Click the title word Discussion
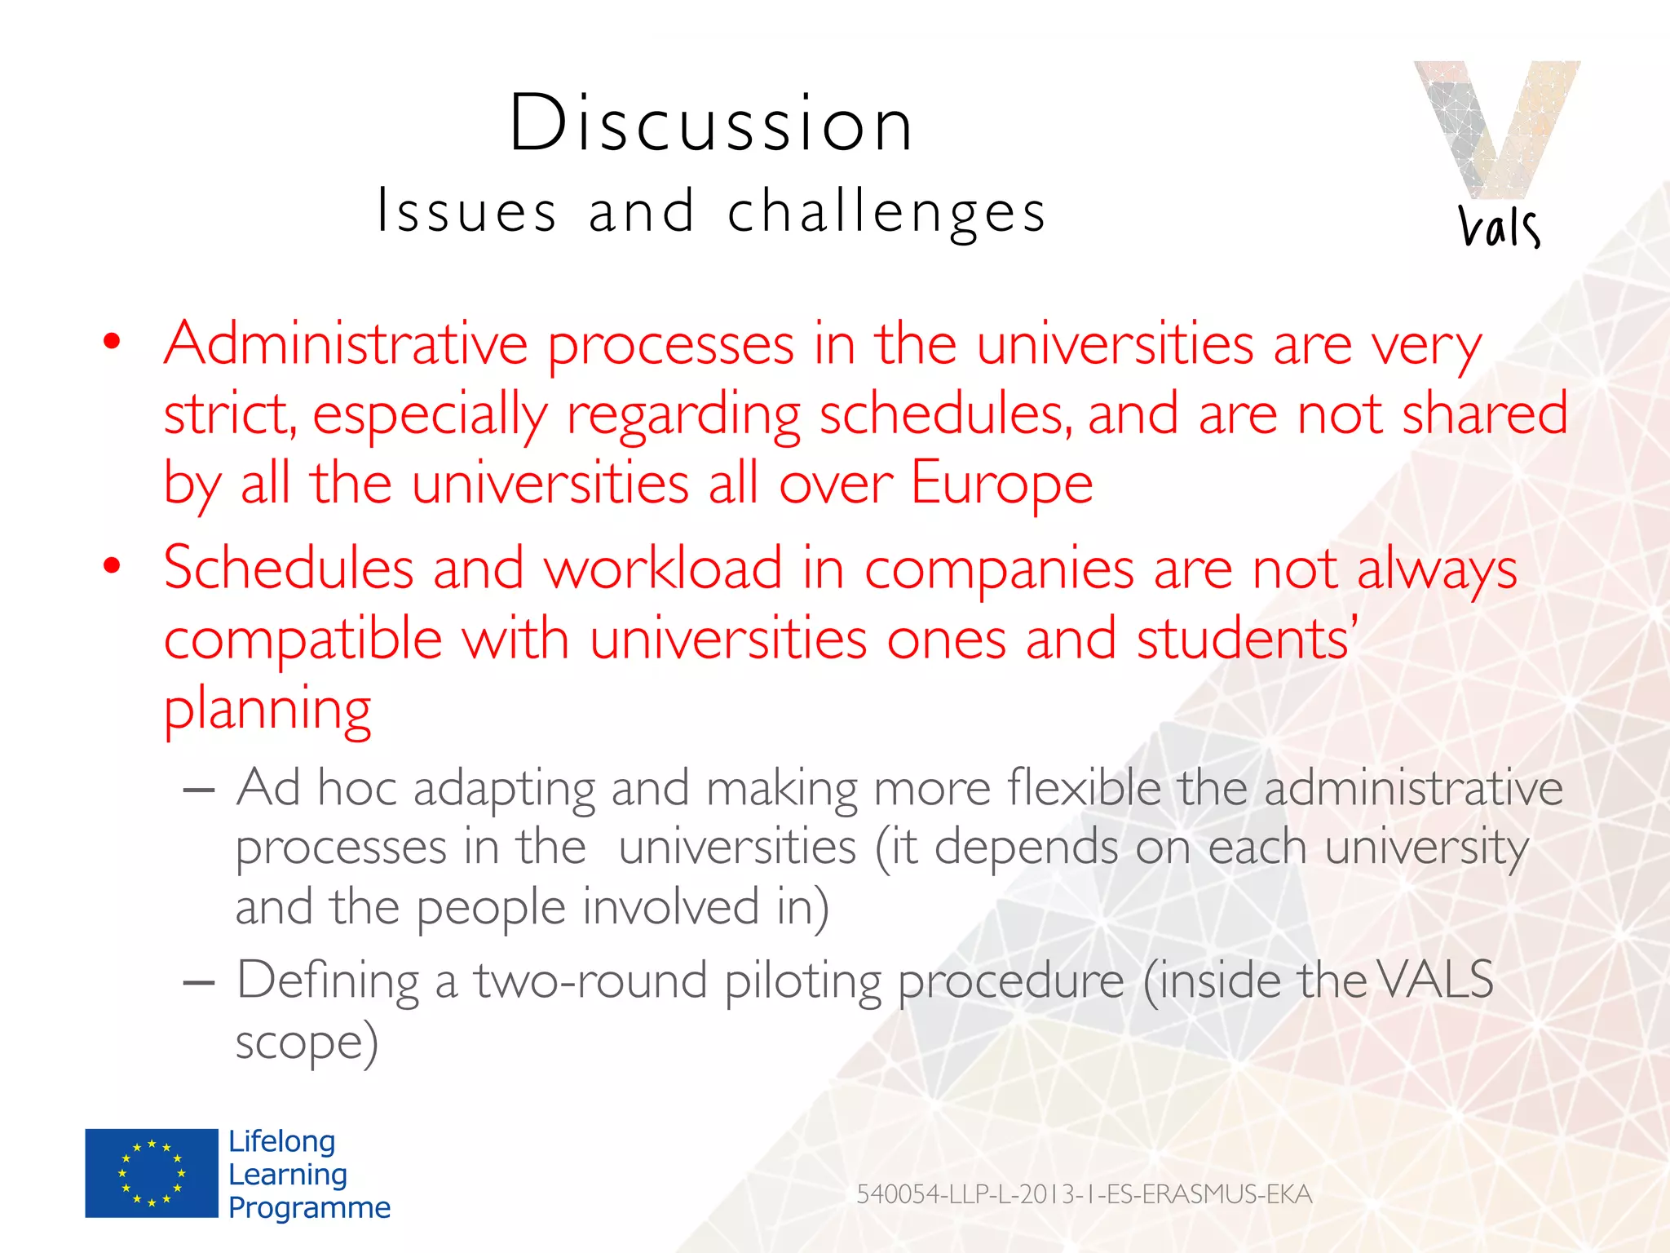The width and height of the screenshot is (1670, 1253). [711, 124]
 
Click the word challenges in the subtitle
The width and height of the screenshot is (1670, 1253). [886, 212]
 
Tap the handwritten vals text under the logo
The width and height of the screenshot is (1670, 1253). [1499, 226]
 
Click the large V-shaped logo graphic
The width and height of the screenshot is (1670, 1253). [1497, 126]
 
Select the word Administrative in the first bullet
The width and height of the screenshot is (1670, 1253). [346, 344]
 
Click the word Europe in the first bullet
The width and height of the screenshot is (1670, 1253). [1001, 483]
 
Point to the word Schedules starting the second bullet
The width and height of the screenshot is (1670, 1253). [289, 569]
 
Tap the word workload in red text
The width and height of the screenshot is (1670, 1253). [663, 569]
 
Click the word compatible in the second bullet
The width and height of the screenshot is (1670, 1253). [303, 639]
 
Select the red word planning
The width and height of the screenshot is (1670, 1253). [267, 710]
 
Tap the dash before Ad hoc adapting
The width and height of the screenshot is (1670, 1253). [199, 790]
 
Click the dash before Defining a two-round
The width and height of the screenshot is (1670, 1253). [199, 982]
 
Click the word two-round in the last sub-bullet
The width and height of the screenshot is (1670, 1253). [590, 980]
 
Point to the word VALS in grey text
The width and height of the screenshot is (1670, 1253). [1436, 980]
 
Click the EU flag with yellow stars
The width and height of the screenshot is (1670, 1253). [152, 1173]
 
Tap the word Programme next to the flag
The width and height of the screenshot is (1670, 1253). [309, 1207]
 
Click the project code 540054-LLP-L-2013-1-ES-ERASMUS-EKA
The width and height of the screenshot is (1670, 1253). [1084, 1194]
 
